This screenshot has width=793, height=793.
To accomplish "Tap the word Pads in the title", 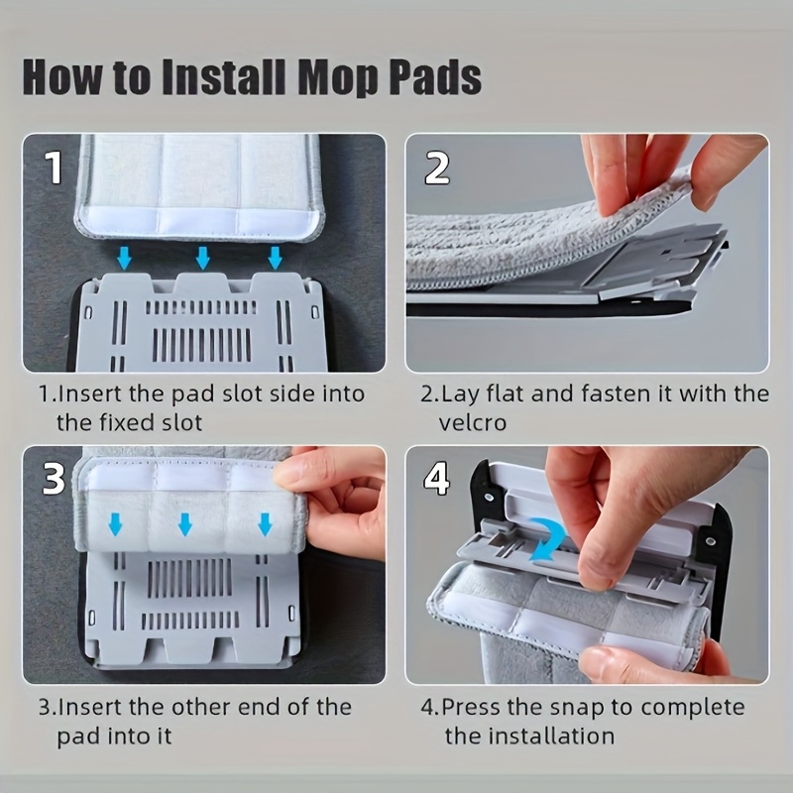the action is pos(435,77).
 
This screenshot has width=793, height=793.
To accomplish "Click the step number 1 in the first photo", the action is pos(54,168).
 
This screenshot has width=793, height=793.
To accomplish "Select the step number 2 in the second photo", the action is pos(437,168).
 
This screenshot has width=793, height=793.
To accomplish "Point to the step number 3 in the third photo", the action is pos(54,479).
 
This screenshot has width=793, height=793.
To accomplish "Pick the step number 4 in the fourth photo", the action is pos(437,479).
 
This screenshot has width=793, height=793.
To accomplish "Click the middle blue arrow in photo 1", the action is pos(203,258).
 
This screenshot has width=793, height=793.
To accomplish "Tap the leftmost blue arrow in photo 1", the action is pos(125,258).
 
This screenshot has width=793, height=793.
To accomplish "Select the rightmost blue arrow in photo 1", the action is pos(276,258).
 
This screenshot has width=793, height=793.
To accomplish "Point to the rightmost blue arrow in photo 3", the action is pos(265,524).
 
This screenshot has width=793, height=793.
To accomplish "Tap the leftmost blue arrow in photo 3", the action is pos(116,524).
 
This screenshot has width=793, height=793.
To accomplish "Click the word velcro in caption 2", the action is pos(473,423).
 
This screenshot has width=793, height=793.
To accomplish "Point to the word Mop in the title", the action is pos(338,78).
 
